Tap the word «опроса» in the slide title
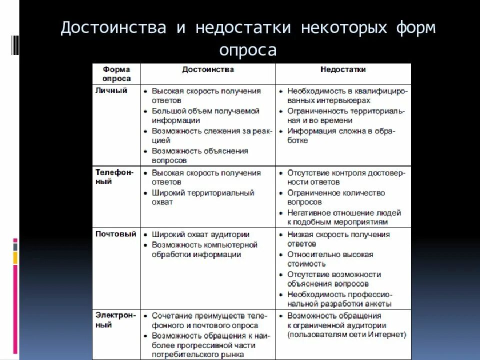pyautogui.click(x=247, y=50)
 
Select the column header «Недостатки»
pyautogui.click(x=342, y=70)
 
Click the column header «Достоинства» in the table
pyautogui.click(x=208, y=70)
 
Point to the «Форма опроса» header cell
pyautogui.click(x=116, y=74)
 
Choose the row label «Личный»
pyautogui.click(x=111, y=90)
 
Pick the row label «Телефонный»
pyautogui.click(x=114, y=177)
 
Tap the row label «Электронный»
pyautogui.click(x=114, y=320)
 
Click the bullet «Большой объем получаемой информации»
pyautogui.click(x=205, y=115)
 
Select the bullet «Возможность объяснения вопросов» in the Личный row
pyautogui.click(x=199, y=155)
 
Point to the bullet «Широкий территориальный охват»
pyautogui.click(x=202, y=197)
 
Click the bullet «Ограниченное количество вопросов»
pyautogui.click(x=335, y=197)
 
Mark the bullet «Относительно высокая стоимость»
pyautogui.click(x=329, y=259)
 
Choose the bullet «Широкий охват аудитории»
pyautogui.click(x=201, y=234)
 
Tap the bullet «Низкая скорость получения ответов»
pyautogui.click(x=338, y=239)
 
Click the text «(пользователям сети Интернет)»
pyautogui.click(x=346, y=334)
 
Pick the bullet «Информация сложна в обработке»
pyautogui.click(x=340, y=135)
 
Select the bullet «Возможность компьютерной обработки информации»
pyautogui.click(x=204, y=249)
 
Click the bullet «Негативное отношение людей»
pyautogui.click(x=343, y=212)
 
